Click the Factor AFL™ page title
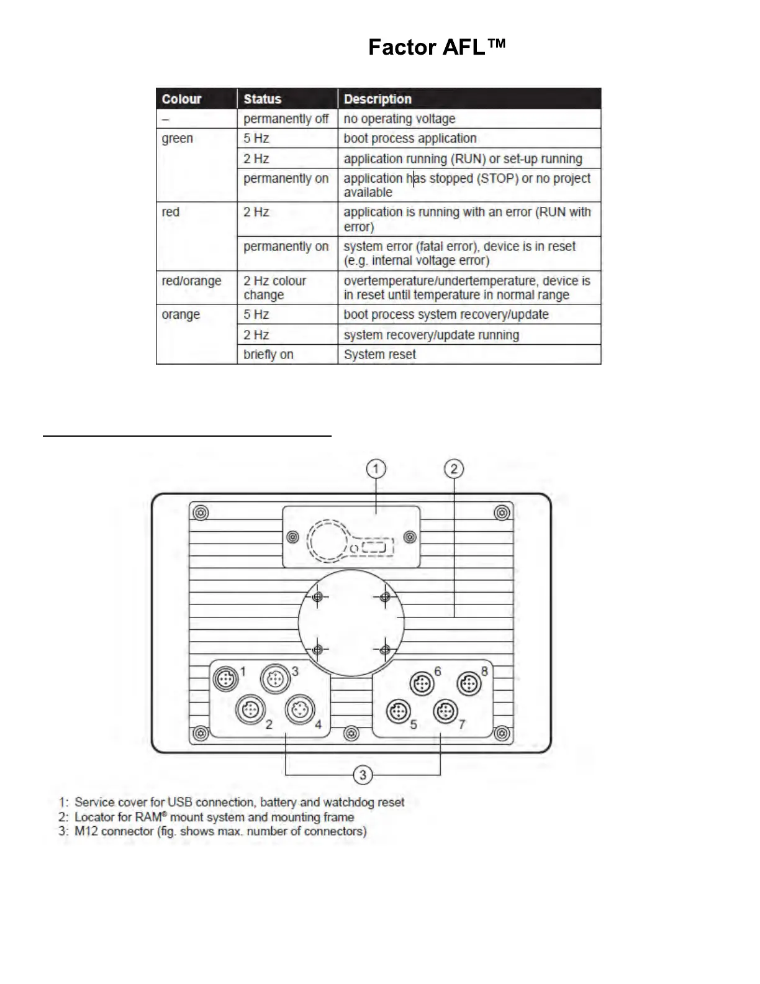tap(437, 47)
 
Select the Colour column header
tap(181, 99)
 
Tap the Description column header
tap(378, 99)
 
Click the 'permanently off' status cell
tap(286, 119)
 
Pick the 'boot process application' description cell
tap(410, 138)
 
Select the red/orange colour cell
tap(191, 281)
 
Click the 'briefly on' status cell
tap(268, 354)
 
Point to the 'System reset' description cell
tap(380, 354)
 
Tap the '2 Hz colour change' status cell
tap(274, 288)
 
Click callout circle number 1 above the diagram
tap(376, 468)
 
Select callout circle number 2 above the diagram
tap(454, 468)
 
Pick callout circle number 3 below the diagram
tap(363, 775)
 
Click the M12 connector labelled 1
tap(225, 678)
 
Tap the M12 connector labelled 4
tap(299, 709)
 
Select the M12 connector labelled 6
tap(422, 684)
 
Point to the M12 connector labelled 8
tap(469, 684)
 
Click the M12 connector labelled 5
tap(398, 711)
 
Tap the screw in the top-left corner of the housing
tap(200, 513)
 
